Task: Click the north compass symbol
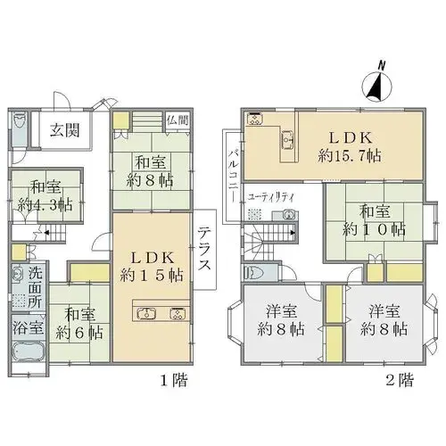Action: point(377,85)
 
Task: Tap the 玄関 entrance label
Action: point(65,130)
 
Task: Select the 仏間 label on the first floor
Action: point(178,120)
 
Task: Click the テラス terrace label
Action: point(204,248)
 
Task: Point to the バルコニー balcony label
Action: point(233,176)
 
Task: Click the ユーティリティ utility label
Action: point(270,197)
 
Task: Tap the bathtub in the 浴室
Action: point(29,351)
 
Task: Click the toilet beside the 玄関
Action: point(21,125)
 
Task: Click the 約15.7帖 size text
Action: point(350,155)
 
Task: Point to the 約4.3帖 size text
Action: point(45,205)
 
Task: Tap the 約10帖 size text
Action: point(374,229)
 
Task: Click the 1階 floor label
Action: point(174,380)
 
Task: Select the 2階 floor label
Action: point(400,379)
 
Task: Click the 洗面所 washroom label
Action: point(36,288)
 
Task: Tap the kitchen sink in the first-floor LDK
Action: point(146,314)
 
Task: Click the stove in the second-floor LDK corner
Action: point(255,119)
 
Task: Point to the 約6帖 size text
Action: point(79,333)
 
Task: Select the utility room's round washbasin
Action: point(289,214)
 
